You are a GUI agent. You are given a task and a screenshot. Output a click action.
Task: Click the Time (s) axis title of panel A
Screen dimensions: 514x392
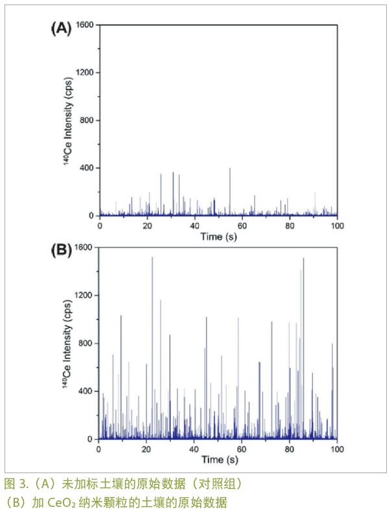218,238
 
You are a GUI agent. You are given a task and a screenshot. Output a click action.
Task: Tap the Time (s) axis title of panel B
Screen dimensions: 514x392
218,461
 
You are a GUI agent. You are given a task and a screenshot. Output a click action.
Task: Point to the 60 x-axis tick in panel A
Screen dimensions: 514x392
242,226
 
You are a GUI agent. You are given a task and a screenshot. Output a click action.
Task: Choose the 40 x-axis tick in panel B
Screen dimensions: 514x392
194,449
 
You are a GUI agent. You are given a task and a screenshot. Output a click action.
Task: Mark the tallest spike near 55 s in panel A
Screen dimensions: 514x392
229,169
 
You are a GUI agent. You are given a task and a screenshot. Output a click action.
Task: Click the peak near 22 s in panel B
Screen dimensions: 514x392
152,258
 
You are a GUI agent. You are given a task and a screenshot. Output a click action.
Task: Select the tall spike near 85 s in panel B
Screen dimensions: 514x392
303,259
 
